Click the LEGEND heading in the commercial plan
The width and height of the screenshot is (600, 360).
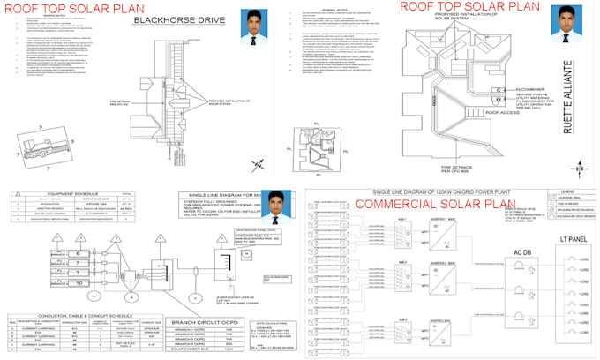[570, 190]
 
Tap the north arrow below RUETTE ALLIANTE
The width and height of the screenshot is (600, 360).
[581, 166]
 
